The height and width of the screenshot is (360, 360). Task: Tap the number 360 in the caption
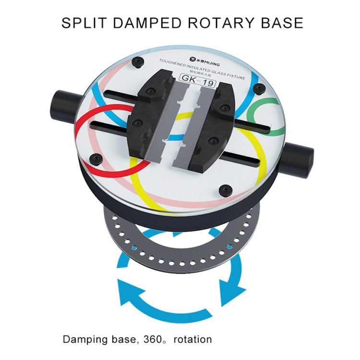pyautogui.click(x=152, y=339)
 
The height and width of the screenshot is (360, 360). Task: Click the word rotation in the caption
pyautogui.click(x=193, y=339)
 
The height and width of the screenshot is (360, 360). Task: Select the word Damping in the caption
pyautogui.click(x=84, y=339)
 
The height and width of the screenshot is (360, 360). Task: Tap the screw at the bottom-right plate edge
pyautogui.click(x=225, y=190)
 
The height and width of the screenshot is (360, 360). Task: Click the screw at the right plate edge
pyautogui.click(x=260, y=88)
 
